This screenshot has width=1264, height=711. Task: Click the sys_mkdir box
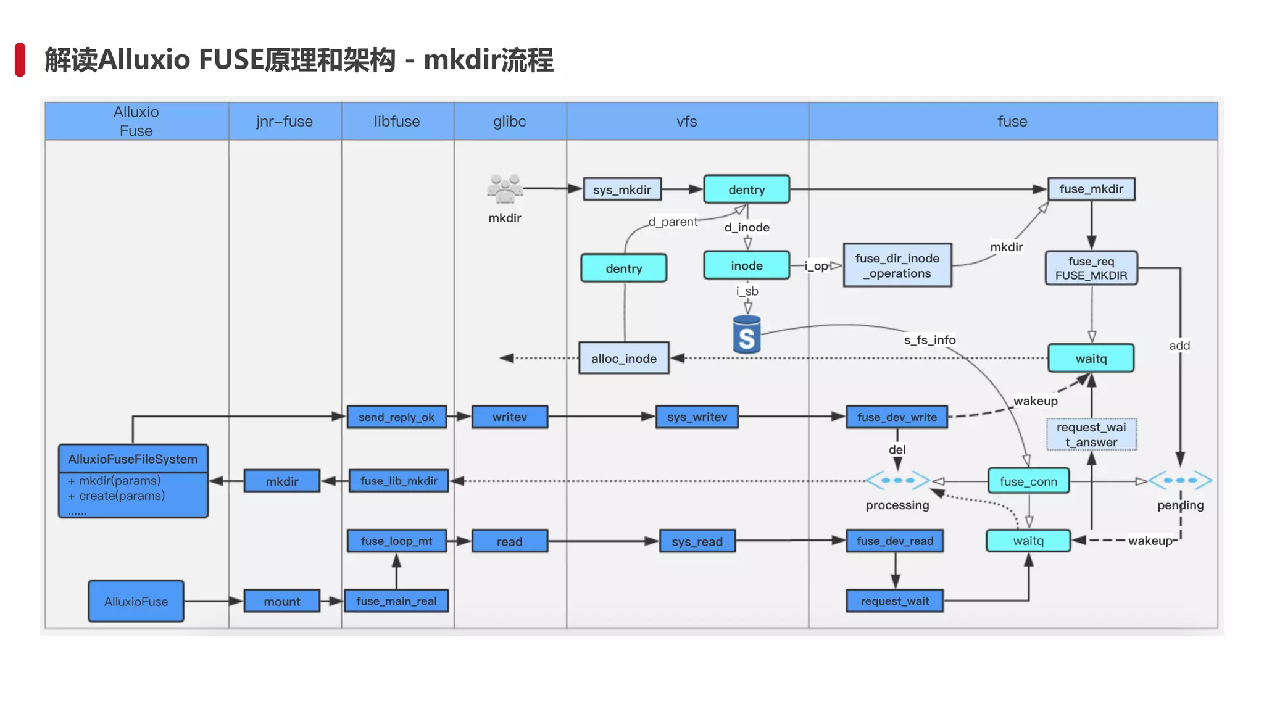coord(622,189)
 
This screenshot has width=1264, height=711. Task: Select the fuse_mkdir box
coord(1091,189)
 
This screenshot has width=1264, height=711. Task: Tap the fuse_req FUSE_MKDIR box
coord(1091,268)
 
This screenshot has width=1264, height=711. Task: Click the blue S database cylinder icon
coord(746,335)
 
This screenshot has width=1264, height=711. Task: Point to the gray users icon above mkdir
coord(504,189)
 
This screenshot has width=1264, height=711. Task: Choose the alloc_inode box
coord(623,358)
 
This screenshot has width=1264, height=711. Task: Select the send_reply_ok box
coord(396,417)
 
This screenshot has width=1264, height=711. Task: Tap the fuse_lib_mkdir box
coord(399,481)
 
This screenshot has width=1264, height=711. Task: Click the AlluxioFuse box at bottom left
coord(136,601)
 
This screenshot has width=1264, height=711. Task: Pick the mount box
coord(281,601)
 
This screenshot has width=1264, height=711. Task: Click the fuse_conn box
coord(1028,481)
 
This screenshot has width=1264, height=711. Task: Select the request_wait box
coord(894,601)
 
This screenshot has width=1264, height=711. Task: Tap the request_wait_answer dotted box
coord(1091,434)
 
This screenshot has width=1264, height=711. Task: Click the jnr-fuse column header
coord(285,122)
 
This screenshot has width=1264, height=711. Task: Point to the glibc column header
coord(509,122)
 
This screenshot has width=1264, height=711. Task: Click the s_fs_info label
coord(929,339)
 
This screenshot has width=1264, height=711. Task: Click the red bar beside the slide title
coord(20,60)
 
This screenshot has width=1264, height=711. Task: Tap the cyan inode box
coord(746,265)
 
